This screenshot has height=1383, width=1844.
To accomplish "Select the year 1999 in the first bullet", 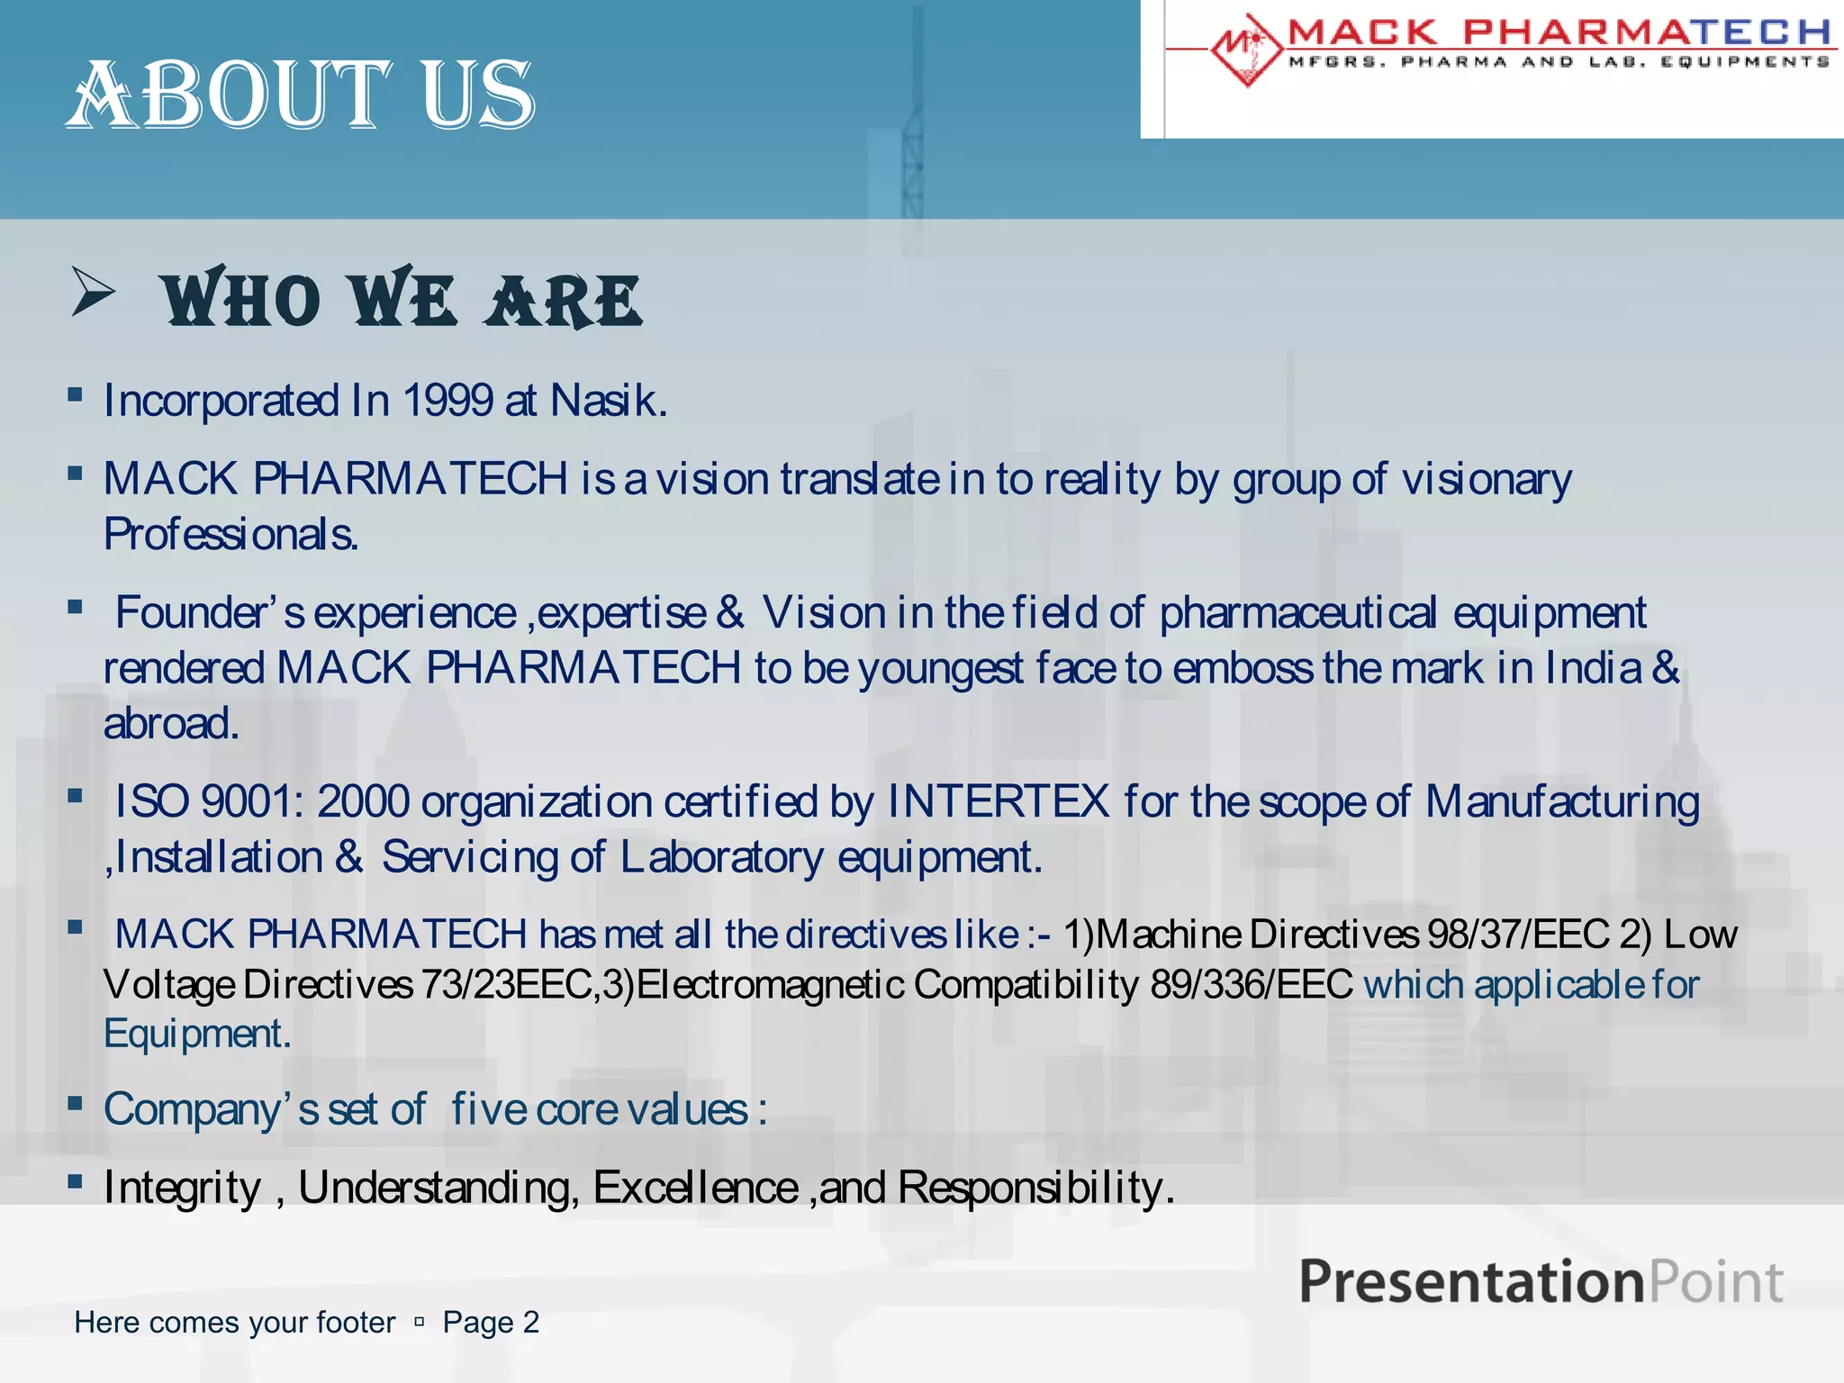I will pyautogui.click(x=447, y=401).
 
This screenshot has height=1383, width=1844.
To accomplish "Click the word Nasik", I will pyautogui.click(x=608, y=401).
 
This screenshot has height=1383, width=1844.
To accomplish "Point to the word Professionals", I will pyautogui.click(x=230, y=535).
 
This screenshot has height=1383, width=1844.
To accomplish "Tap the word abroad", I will pyautogui.click(x=170, y=724).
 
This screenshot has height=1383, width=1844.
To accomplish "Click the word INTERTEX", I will pyautogui.click(x=998, y=801).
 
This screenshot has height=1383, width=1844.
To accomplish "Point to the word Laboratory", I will pyautogui.click(x=721, y=857).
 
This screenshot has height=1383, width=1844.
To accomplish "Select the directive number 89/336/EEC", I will pyautogui.click(x=1252, y=985).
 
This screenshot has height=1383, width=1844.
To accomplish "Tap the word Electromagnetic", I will pyautogui.click(x=770, y=985).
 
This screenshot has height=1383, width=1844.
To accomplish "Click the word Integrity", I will pyautogui.click(x=182, y=1188).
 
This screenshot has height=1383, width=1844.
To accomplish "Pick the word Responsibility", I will pyautogui.click(x=1035, y=1188).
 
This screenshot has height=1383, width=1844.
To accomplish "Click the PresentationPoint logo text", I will pyautogui.click(x=1541, y=1281).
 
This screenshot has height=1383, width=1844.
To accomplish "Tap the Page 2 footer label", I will pyautogui.click(x=491, y=1322).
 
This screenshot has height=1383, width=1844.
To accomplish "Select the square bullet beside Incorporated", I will pyautogui.click(x=76, y=394).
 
